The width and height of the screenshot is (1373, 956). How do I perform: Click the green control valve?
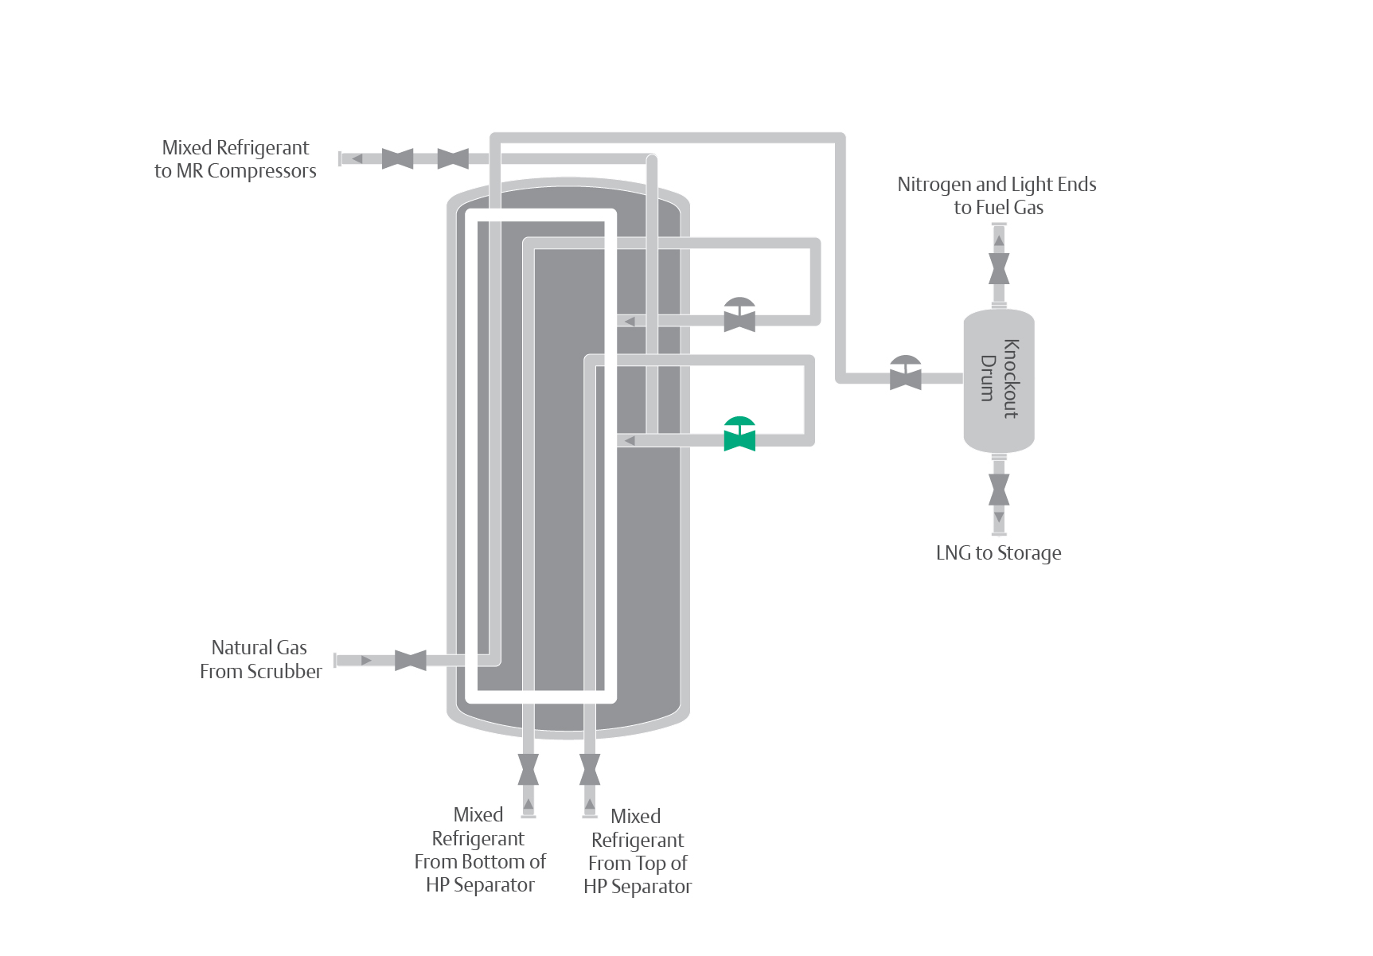click(x=739, y=435)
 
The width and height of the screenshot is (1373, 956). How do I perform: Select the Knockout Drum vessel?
click(x=999, y=380)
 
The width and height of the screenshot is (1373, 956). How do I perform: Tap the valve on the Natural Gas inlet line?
click(x=411, y=660)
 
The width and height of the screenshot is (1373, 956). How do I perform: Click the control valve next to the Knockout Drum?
click(x=905, y=374)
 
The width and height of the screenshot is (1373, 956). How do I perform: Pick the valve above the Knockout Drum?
click(x=999, y=269)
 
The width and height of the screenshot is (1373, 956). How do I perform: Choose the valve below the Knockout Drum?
click(x=999, y=490)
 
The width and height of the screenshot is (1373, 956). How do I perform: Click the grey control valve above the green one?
click(x=739, y=316)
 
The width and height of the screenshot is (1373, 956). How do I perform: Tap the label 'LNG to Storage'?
click(x=998, y=553)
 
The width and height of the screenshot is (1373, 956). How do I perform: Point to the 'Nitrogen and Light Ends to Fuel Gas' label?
click(x=997, y=196)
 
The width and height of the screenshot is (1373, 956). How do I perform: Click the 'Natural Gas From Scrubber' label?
click(x=260, y=659)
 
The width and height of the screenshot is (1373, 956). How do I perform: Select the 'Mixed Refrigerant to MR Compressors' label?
click(x=236, y=159)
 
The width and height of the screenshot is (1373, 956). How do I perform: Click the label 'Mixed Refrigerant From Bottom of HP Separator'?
click(x=480, y=849)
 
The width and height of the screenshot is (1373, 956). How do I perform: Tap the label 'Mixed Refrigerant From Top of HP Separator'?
click(x=638, y=851)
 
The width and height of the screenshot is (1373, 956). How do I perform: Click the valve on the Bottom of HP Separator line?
click(x=529, y=769)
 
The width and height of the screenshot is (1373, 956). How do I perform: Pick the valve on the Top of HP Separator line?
click(x=590, y=769)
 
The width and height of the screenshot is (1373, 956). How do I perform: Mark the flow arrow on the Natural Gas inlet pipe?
click(x=366, y=661)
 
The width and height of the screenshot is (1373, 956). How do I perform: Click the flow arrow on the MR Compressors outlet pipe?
click(x=357, y=158)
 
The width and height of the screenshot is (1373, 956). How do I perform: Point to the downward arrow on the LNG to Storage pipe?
click(x=999, y=518)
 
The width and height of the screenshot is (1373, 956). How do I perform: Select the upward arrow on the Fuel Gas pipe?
click(x=999, y=240)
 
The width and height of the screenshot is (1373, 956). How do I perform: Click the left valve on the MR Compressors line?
click(x=397, y=158)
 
